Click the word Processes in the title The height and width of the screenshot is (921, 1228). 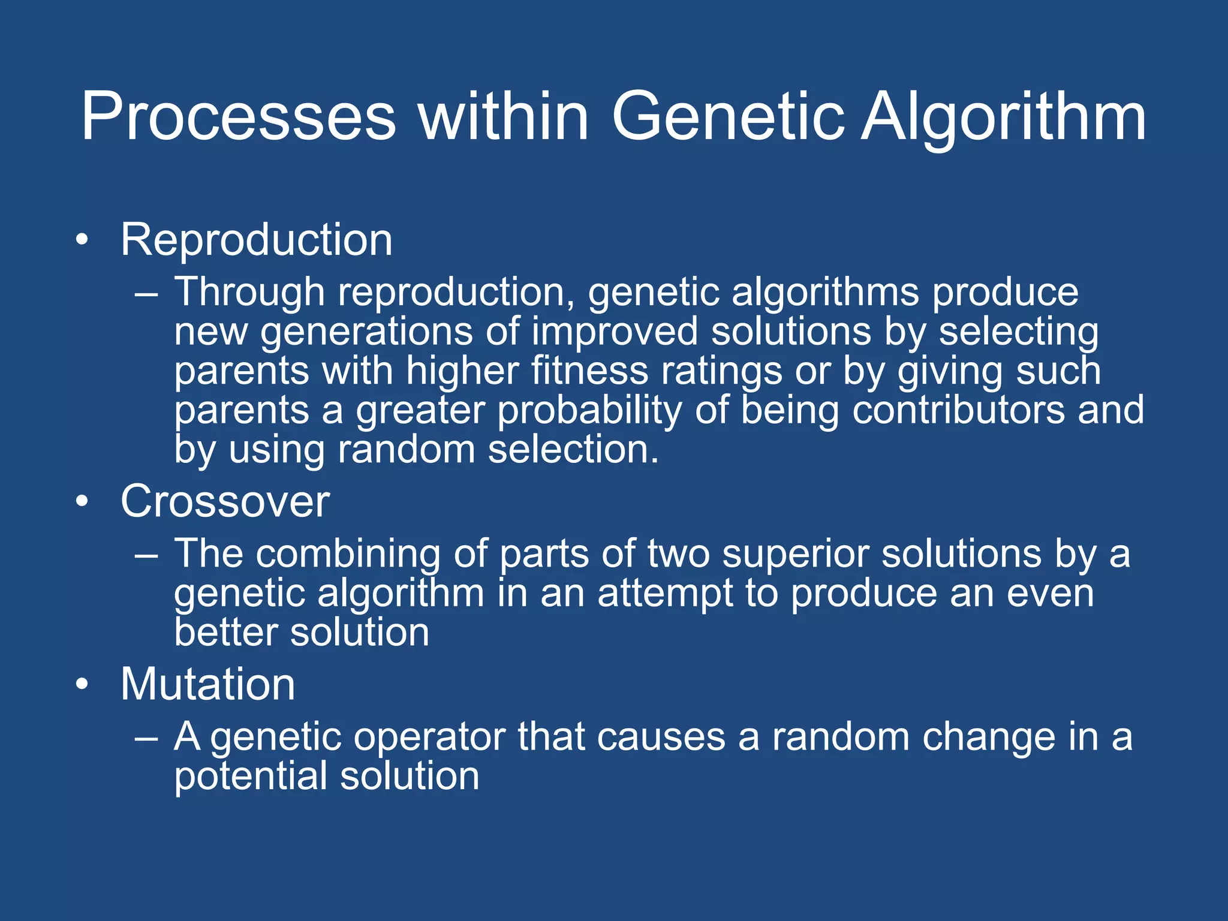click(238, 117)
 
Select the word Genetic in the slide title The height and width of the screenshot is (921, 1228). click(728, 117)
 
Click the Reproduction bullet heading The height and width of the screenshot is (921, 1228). click(256, 240)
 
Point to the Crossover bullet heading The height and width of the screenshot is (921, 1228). click(225, 501)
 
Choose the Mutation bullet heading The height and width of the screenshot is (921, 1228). click(207, 684)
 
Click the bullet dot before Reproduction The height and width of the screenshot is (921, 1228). click(82, 241)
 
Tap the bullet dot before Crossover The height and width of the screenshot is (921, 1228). click(82, 502)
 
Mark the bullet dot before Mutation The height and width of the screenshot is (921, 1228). click(82, 685)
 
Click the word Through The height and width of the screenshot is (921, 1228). click(249, 292)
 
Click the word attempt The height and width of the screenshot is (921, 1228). click(665, 594)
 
